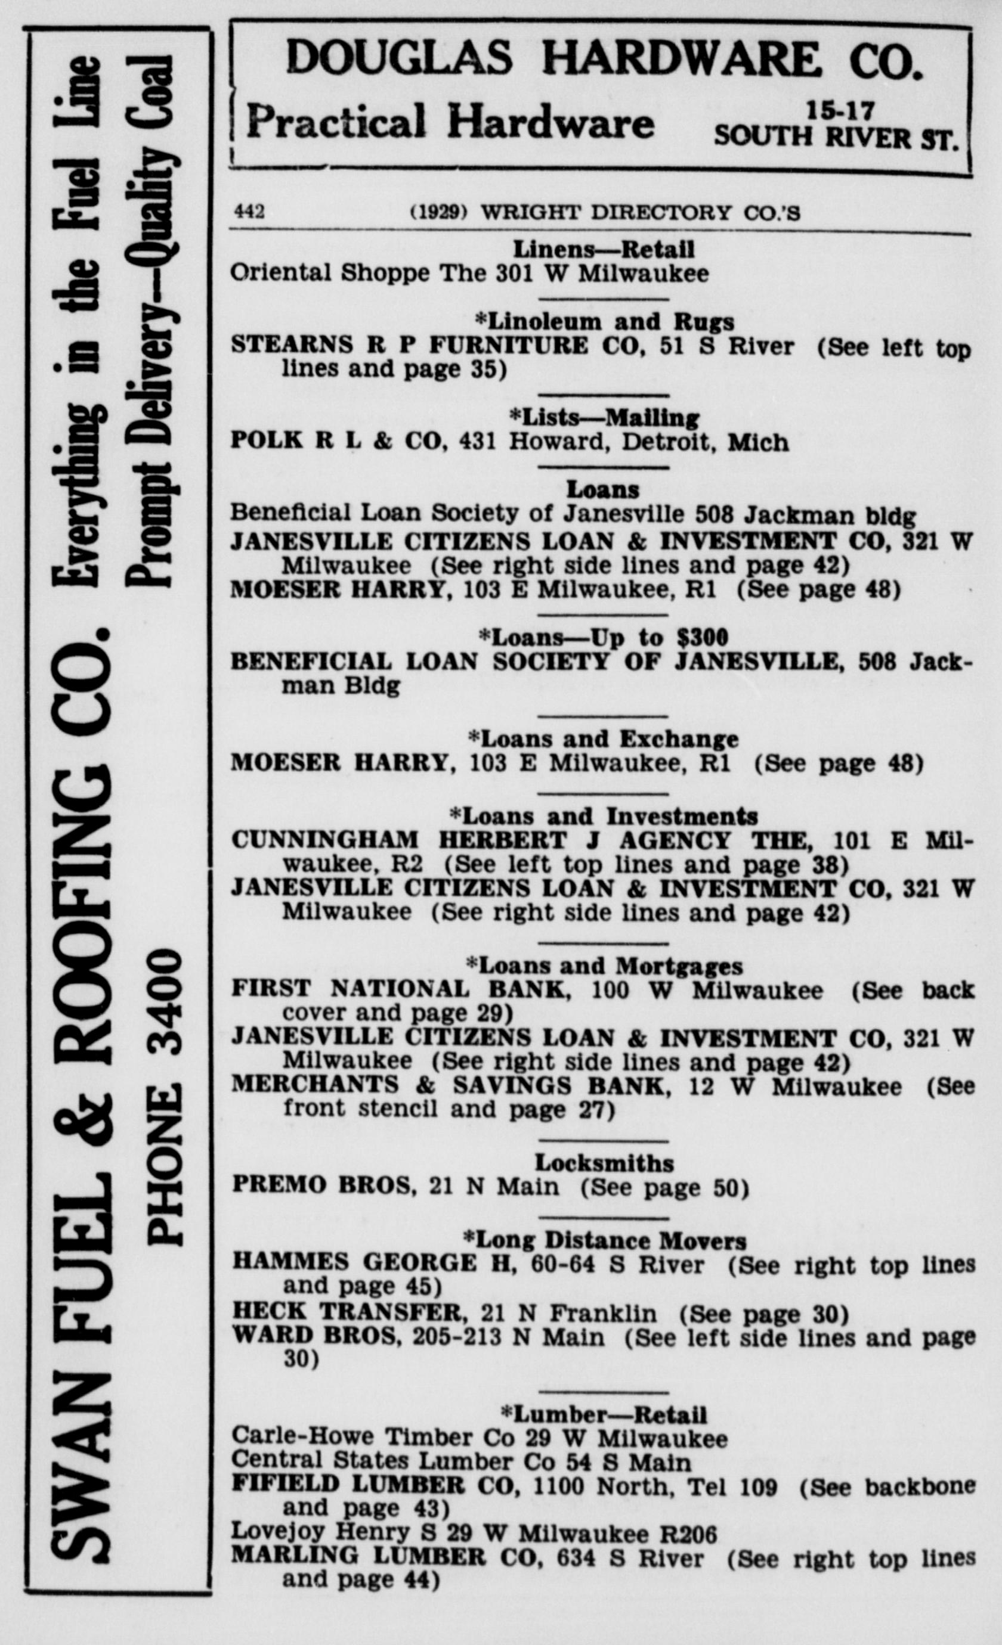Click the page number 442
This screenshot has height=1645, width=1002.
tap(249, 212)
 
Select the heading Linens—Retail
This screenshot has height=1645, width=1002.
tap(603, 250)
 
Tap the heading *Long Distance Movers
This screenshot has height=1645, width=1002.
tap(604, 1240)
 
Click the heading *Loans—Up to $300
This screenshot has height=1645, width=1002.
tap(603, 638)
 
